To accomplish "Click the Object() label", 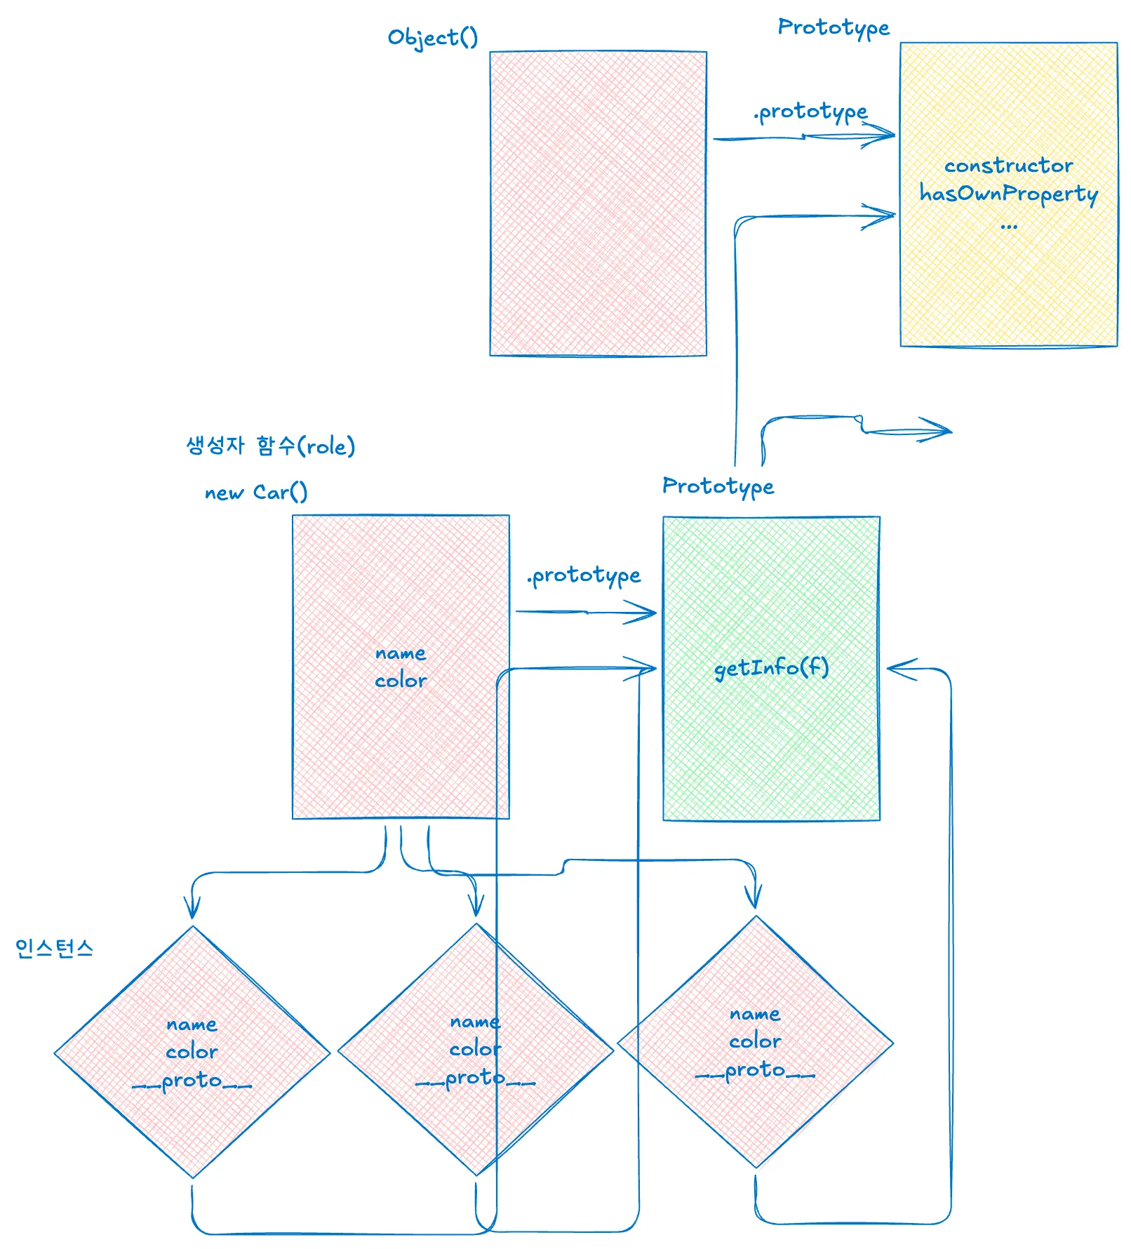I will click(432, 38).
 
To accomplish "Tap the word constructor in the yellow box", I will click(1008, 166).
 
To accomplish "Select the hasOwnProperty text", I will click(1008, 194).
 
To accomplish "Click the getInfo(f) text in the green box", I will click(771, 667).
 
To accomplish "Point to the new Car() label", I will click(256, 493).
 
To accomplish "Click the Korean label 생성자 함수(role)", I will click(270, 446).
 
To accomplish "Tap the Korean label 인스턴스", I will click(54, 949).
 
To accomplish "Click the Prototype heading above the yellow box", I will click(833, 27).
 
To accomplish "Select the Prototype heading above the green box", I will click(718, 486).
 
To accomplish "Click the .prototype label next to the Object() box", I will click(810, 112).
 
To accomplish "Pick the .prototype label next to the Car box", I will click(584, 576).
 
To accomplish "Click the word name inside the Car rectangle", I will click(400, 653).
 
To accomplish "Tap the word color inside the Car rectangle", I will click(400, 681).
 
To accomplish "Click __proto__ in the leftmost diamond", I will click(192, 1081).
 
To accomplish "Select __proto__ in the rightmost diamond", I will click(755, 1071).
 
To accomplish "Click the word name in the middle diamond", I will click(475, 1022).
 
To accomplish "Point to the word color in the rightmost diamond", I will click(755, 1041).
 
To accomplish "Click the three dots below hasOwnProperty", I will click(1008, 226).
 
